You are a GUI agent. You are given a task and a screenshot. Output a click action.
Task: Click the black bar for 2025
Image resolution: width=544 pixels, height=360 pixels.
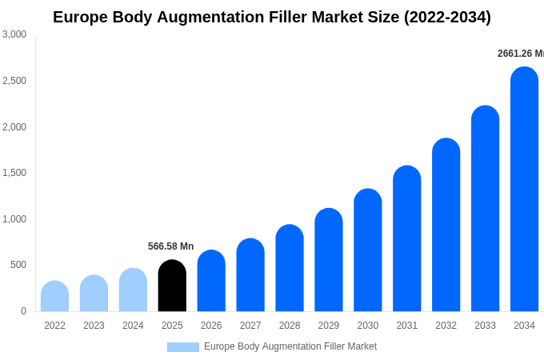pos(172,286)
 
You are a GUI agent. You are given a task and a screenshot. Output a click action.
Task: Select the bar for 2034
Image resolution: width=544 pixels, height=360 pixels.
pos(524,190)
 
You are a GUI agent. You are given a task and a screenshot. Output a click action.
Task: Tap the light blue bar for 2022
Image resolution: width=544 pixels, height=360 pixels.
pos(54,296)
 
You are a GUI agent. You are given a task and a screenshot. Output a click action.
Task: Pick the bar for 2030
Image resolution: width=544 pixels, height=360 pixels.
pos(368,250)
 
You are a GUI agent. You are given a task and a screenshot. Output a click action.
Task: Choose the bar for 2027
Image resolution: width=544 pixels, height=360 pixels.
pos(250,275)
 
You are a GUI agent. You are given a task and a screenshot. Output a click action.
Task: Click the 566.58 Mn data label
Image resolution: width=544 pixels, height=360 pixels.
pos(170,246)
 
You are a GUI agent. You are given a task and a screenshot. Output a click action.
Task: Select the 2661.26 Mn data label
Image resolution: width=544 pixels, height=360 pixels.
pos(521,54)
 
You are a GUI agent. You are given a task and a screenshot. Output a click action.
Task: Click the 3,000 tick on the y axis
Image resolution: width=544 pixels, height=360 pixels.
pos(14,34)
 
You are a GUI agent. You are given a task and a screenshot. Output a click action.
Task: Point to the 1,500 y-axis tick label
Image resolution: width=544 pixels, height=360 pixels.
pos(14,173)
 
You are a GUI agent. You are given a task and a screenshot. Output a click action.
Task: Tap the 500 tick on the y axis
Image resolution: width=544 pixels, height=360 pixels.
pos(18,265)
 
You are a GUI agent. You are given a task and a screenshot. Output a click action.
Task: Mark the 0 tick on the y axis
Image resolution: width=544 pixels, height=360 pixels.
pos(23,311)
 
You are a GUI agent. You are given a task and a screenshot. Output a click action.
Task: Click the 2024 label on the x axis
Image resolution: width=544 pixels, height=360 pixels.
pos(133,326)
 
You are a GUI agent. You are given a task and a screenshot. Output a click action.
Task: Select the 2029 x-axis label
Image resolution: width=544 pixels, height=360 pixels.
pos(329,326)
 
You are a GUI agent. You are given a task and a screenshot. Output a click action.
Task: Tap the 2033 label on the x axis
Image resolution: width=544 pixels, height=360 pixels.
pos(485,326)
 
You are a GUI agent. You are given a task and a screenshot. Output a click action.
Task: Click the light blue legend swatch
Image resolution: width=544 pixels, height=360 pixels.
pos(182,347)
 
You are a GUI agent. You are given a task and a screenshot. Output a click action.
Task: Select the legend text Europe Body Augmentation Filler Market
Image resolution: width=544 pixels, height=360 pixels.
pos(290,346)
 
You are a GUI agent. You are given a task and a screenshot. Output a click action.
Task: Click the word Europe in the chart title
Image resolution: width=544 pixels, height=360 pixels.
pos(79,17)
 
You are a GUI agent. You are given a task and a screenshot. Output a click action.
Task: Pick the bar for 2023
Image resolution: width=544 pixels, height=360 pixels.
pos(94,294)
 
